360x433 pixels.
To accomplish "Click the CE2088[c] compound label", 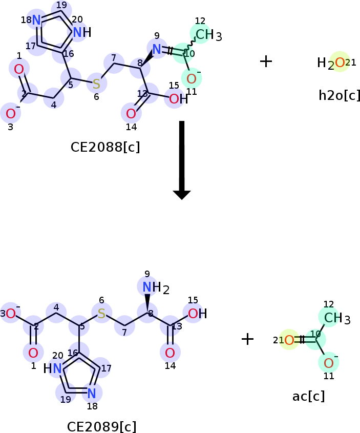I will tap(105, 147).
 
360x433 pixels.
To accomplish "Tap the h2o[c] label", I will tap(339, 95).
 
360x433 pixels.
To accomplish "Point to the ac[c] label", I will tap(308, 396).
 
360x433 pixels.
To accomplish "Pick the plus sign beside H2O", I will tap(266, 61).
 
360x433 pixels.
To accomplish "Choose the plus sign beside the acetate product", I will tap(247, 339).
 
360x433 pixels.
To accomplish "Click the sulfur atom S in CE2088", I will tap(96, 84).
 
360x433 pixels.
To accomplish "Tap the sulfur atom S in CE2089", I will tap(101, 313).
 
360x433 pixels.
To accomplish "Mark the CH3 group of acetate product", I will tap(336, 318).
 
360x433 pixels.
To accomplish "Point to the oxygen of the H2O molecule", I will tap(340, 63).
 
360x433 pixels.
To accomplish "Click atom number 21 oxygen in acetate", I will tap(289, 340).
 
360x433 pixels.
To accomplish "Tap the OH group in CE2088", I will tap(178, 99).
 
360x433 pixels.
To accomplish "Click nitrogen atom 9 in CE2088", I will tap(157, 49).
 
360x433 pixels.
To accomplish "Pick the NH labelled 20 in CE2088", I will tap(81, 33).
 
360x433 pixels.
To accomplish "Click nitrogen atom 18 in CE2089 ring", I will tap(92, 393).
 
